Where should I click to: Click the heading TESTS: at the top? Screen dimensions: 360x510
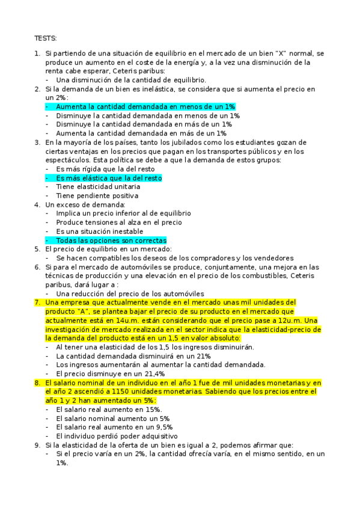46,38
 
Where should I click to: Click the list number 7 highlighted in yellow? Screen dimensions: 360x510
37,303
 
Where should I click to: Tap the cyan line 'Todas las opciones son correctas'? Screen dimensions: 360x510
111,240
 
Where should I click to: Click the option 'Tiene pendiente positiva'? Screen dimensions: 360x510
97,195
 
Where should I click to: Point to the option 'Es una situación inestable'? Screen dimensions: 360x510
99,231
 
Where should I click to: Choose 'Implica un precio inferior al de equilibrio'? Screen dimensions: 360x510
123,214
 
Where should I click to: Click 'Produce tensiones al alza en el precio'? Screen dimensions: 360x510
118,223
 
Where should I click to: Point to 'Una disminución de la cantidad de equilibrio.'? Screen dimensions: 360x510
131,80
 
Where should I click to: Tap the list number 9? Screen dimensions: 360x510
37,445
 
